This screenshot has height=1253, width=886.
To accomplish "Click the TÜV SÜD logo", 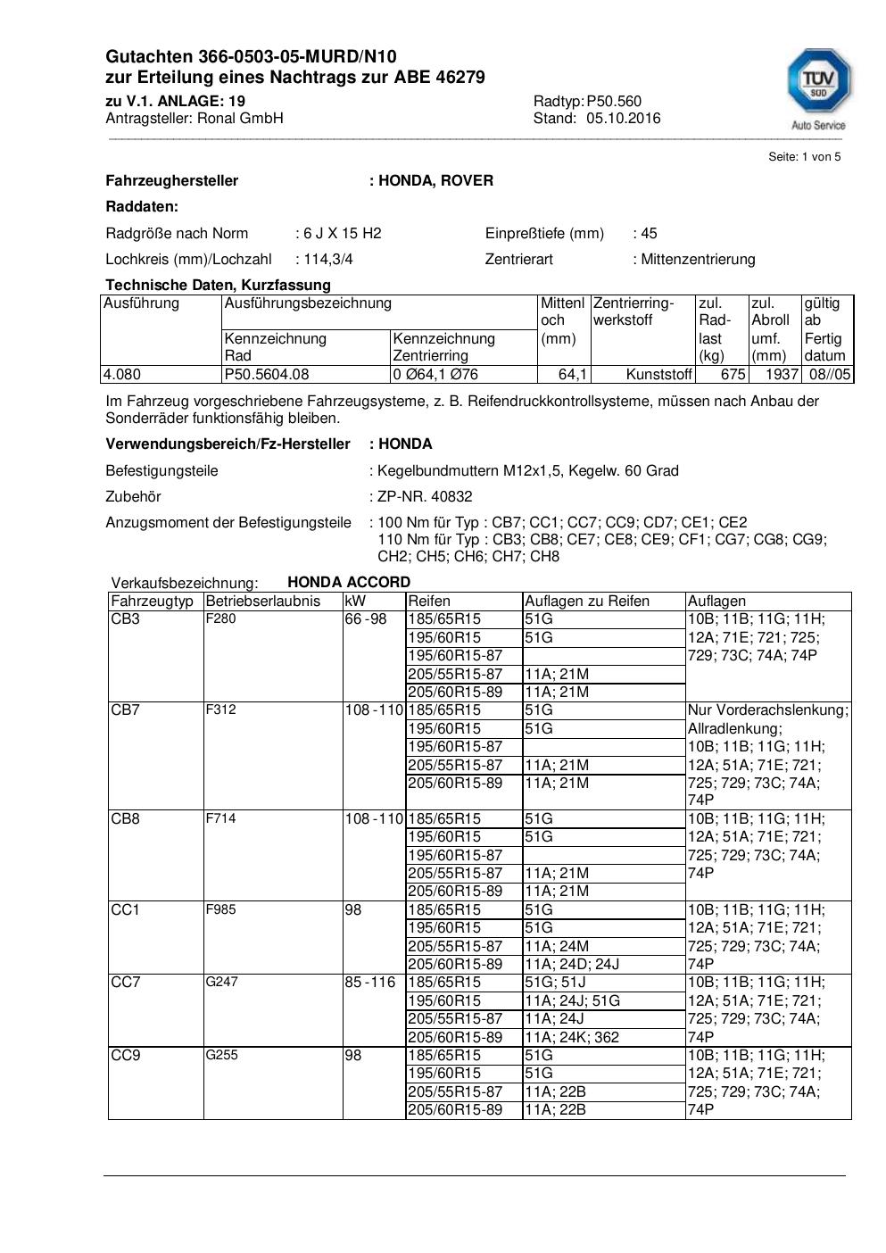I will pos(818,89).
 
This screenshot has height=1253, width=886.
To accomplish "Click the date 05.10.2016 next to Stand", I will pos(623,118).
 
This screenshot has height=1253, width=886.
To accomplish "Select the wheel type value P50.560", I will pos(614,101).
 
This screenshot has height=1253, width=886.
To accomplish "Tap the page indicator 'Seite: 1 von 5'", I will pos(804,157).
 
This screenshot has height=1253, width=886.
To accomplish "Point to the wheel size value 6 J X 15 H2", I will pos(342,233).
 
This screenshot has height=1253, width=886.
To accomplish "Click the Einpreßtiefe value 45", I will pos(649,233).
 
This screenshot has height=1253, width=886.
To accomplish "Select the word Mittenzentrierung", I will pos(698,259).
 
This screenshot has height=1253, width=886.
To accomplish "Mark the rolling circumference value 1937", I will pos(782,374).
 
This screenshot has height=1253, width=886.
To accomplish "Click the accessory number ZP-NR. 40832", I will pos(425,496).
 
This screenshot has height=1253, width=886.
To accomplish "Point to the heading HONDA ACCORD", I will pos(349,582).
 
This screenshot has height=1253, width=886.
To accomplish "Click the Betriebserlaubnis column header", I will pos(262,601).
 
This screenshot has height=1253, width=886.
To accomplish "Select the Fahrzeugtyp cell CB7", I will pos(126,709).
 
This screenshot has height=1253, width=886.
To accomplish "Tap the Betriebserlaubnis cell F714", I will pos(220,818).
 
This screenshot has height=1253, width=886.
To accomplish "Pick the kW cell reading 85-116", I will pos(370,982).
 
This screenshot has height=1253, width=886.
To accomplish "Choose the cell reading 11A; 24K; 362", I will pos(572,1037).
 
